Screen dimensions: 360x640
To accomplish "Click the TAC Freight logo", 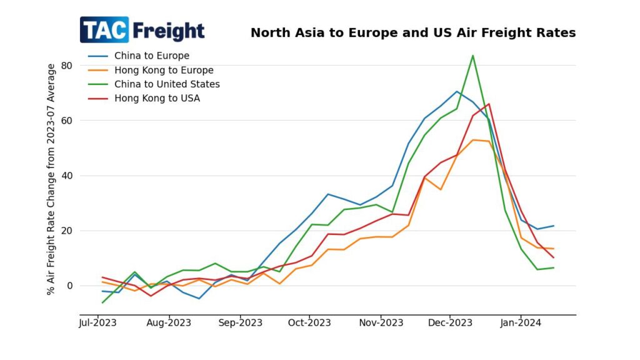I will [142, 30].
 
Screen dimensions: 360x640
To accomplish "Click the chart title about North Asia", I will [413, 33].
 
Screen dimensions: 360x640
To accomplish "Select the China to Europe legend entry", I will [151, 56].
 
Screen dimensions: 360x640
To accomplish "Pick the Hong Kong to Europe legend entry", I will [164, 70].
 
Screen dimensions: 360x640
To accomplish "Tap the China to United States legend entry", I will [167, 84].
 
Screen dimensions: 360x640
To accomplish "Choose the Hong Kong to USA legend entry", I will [157, 98].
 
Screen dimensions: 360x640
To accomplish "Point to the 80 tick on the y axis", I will [67, 66].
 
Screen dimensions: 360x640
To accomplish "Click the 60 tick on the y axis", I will [67, 121].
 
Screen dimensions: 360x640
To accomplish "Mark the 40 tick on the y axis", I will [67, 176].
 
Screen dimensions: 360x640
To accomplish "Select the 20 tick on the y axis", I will [67, 231].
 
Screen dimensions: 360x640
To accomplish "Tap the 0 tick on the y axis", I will [70, 286].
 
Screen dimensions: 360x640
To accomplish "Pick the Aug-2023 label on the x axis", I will [169, 323].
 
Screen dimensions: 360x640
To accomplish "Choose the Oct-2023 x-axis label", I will [311, 323].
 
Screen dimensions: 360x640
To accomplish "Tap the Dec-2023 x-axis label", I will [452, 323].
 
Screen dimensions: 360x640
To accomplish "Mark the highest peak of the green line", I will [472, 56].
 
